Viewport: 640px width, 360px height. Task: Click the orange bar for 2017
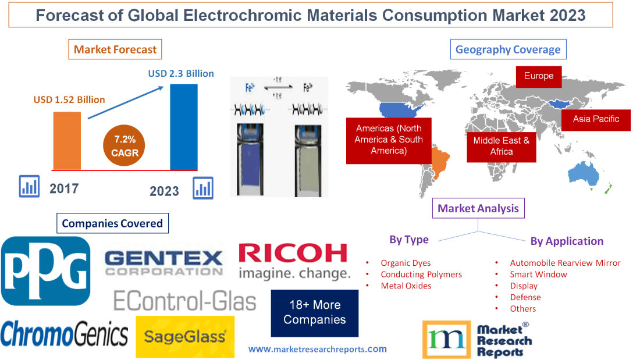67,140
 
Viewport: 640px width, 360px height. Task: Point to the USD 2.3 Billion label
181,74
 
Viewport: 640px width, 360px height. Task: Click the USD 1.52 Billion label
69,99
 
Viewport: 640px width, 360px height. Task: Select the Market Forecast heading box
115,49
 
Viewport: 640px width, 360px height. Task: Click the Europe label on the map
538,76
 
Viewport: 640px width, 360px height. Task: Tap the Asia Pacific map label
595,119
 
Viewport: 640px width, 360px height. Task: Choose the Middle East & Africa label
501,145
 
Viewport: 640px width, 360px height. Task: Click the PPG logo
46,271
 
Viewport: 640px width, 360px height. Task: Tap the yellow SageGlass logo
185,337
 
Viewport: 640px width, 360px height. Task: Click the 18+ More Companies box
314,312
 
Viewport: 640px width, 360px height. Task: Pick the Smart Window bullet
538,274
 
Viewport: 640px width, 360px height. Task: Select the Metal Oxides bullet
406,286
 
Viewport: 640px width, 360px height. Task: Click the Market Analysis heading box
478,208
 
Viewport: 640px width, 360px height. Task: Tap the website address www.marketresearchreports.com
317,349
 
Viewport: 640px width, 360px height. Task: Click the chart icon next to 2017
29,186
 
